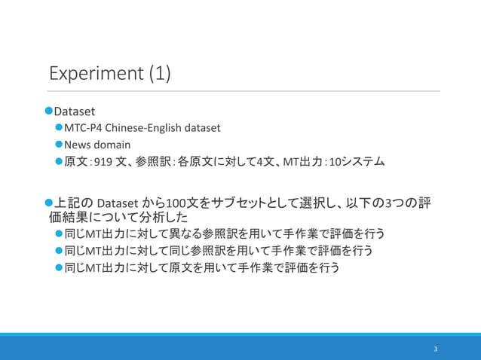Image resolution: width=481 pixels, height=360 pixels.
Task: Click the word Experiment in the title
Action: point(96,75)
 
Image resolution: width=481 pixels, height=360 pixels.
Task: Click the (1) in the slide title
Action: point(159,75)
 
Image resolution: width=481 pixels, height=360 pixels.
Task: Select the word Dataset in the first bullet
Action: point(75,111)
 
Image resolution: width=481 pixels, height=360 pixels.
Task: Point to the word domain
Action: point(112,145)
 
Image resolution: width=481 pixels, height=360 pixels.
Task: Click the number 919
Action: point(103,162)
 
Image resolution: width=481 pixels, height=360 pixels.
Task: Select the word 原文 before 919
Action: point(75,162)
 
